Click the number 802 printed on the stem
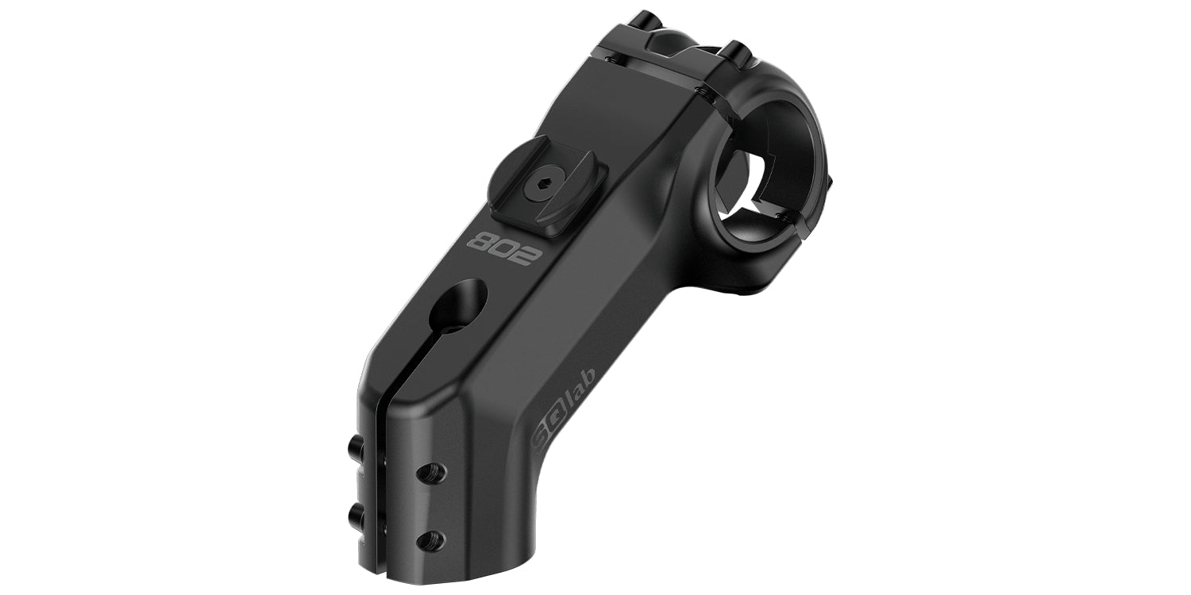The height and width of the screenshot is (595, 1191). pos(503,248)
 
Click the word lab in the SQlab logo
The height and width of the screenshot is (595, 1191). pos(580,384)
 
